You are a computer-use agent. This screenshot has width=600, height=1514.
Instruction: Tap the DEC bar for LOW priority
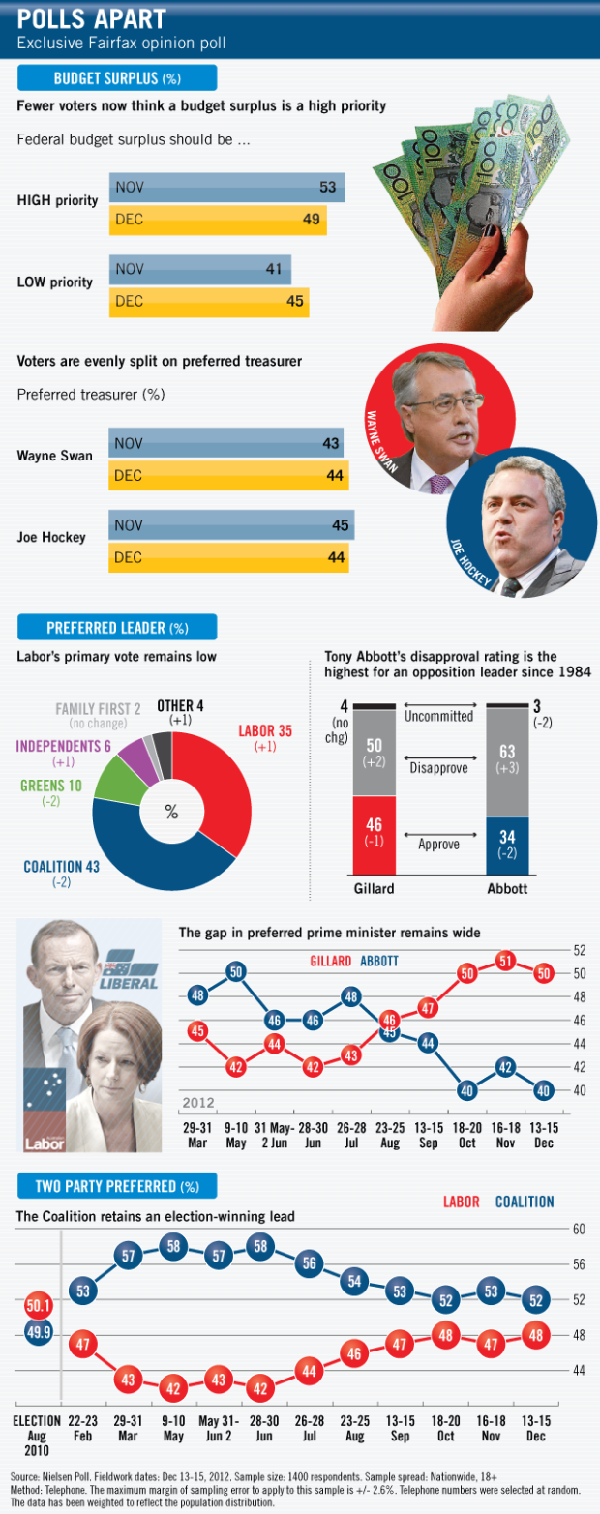tap(208, 302)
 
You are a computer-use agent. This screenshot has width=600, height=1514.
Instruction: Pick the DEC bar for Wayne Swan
tap(227, 476)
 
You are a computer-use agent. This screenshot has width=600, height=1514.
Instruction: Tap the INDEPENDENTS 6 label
tap(61, 746)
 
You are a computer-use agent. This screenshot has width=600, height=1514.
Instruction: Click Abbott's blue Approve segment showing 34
tap(508, 845)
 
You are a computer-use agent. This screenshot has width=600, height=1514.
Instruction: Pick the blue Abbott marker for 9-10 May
tap(235, 971)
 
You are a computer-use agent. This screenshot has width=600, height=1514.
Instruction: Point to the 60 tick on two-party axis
tap(579, 1229)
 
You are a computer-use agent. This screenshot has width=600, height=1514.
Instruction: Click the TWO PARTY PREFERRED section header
tap(116, 1186)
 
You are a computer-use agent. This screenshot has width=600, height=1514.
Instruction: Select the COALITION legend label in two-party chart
tap(525, 1202)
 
